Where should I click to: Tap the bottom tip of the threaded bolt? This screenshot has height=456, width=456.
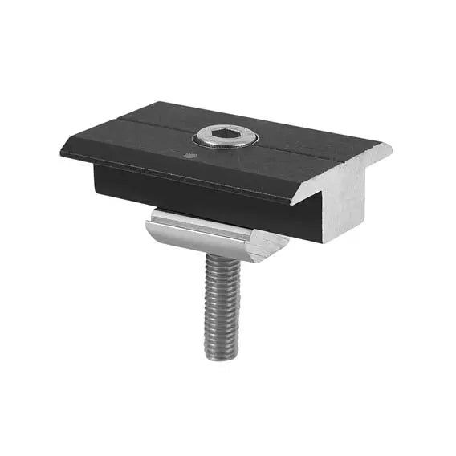pyautogui.click(x=223, y=356)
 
